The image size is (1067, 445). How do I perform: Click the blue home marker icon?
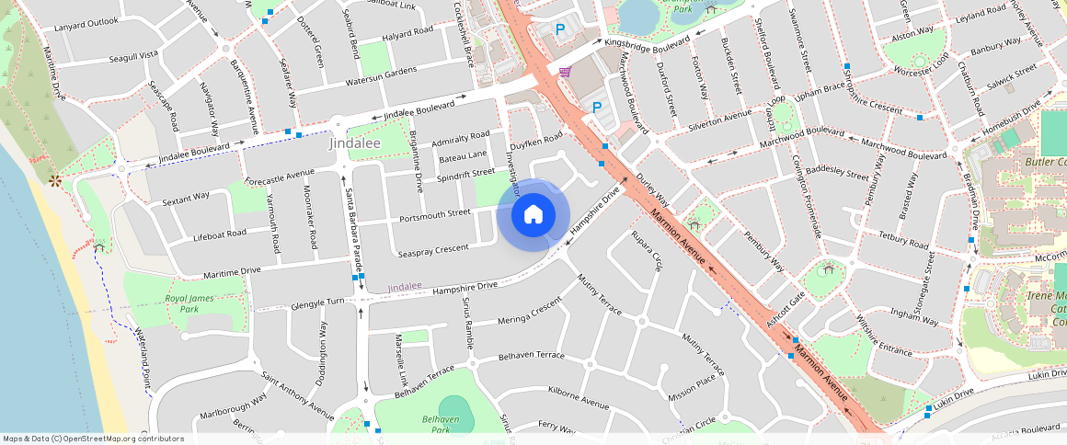533,215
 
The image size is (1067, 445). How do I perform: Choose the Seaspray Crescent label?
433,249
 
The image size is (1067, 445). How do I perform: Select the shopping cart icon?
564,72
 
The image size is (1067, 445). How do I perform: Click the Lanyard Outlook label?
87,22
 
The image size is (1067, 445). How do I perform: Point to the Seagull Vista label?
133,55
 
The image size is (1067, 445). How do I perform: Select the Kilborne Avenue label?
578,400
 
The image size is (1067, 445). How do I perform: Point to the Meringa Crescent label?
529,312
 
